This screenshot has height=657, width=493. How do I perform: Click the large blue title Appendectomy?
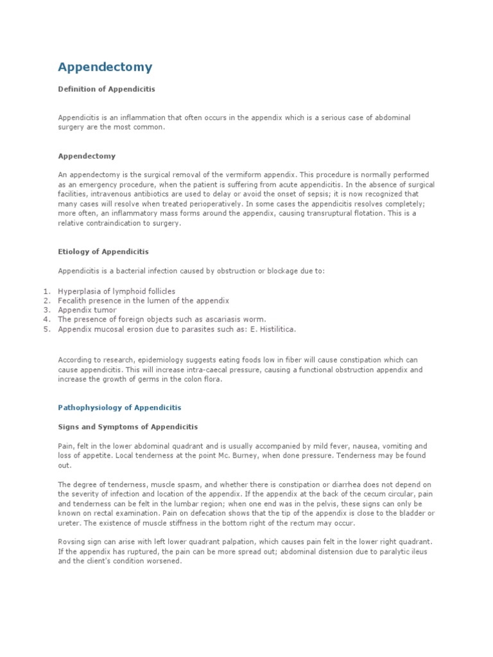(105, 67)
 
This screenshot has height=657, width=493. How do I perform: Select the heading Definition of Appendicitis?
(107, 89)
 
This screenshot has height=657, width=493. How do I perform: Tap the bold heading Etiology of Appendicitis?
(103, 252)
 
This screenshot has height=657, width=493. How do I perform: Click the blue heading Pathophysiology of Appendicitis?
(120, 407)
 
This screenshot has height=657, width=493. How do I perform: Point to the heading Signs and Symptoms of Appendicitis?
(128, 427)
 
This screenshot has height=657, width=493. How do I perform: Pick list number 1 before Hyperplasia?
(46, 291)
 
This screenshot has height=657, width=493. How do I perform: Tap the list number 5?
(46, 329)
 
